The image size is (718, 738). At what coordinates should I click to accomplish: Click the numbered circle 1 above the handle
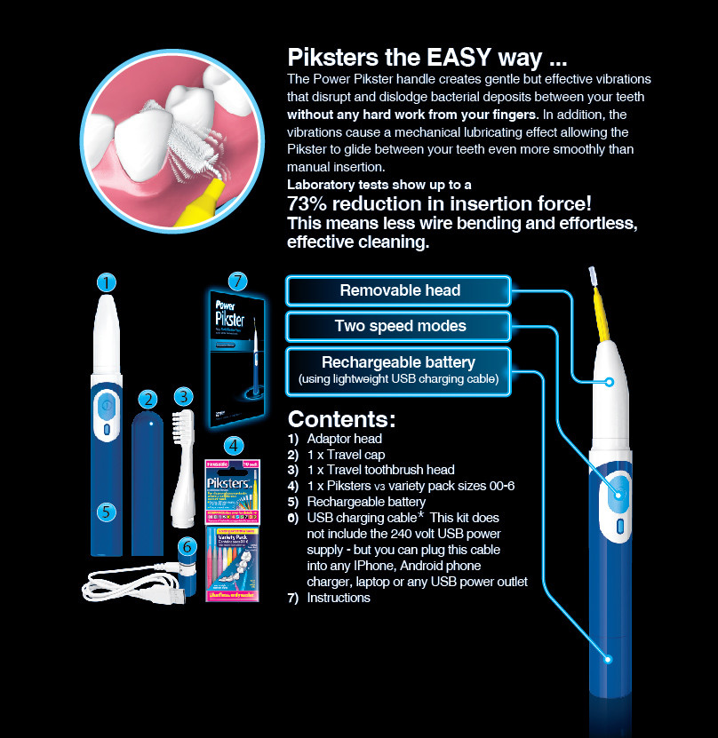pos(107,283)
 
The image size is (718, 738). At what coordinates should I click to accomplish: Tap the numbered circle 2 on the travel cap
pos(148,400)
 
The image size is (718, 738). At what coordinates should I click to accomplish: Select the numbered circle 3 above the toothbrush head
pos(183,396)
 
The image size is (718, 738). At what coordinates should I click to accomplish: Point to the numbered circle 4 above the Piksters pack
pos(234,446)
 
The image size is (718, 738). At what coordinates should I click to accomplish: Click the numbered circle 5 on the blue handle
pos(106,512)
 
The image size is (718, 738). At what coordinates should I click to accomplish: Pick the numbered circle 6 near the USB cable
pos(187,547)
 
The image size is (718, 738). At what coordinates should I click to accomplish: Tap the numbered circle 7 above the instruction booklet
pos(236,282)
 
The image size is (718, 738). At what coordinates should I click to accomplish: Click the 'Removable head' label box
pos(399,290)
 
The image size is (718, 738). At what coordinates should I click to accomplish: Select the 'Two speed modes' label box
pos(399,326)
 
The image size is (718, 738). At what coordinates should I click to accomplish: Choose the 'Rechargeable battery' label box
pos(399,370)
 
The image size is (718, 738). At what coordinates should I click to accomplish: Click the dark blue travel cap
pos(148,484)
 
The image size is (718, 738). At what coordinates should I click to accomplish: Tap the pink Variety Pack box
pos(234,565)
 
